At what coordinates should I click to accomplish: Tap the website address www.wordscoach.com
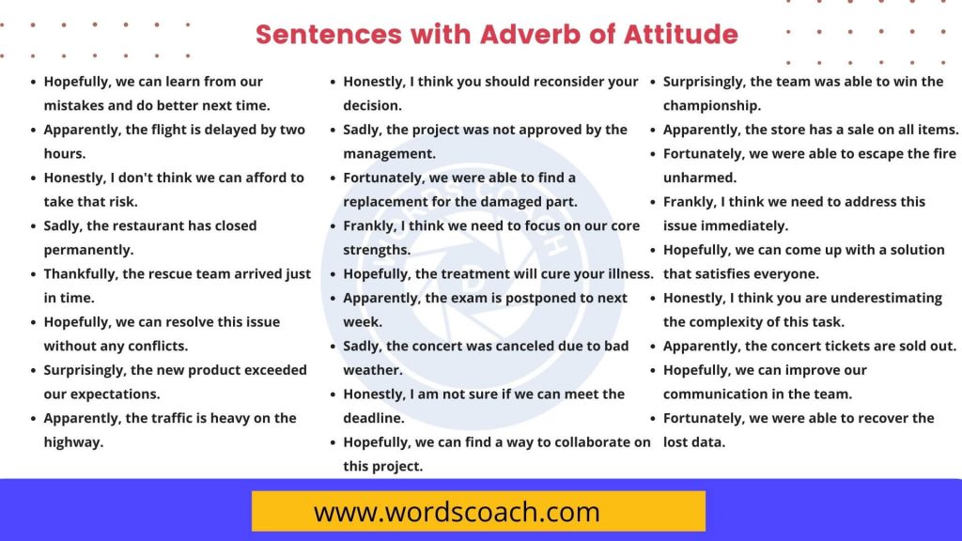[457, 512]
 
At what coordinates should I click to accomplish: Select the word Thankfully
[83, 274]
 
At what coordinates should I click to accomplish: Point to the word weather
[372, 370]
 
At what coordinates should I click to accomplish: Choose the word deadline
[374, 418]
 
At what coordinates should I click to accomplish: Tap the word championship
[712, 105]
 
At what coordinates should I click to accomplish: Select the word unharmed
[700, 178]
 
